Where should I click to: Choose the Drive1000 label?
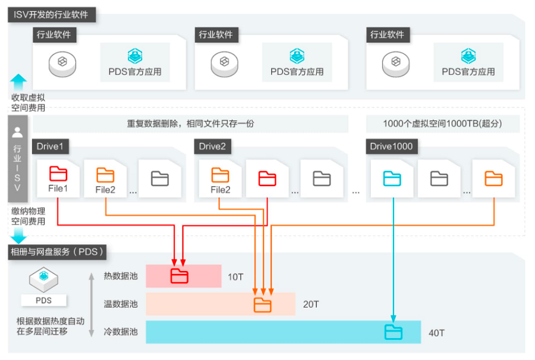391,146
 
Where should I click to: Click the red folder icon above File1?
58,174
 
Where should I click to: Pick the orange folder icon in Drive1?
105,175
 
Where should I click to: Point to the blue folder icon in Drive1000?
392,178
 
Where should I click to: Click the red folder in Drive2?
267,178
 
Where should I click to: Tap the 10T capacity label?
235,277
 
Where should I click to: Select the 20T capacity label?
311,304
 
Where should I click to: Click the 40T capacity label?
436,333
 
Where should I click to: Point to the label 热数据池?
121,276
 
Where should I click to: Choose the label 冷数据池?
121,331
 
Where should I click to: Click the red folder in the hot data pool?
179,276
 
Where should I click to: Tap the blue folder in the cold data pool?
393,331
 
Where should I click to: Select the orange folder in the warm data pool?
262,305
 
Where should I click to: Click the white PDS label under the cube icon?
43,301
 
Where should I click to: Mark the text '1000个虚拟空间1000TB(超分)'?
443,124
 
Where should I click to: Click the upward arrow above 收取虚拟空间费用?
19,81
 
